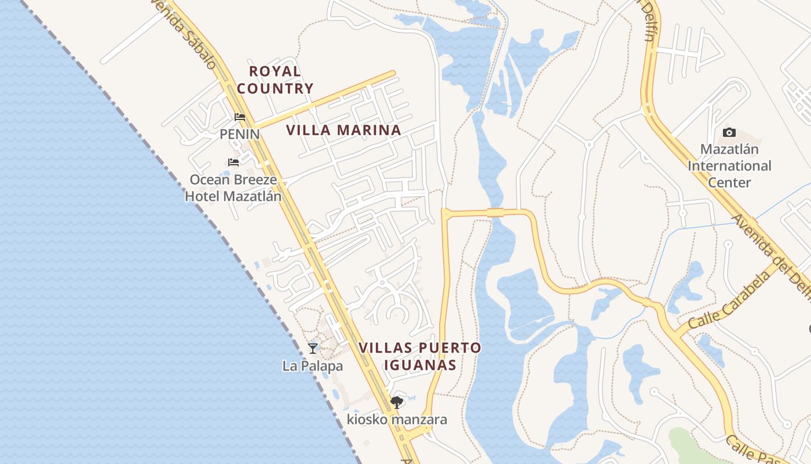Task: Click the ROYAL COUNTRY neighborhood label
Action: (275, 80)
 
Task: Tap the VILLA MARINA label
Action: (344, 130)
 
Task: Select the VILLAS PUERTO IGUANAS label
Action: (419, 356)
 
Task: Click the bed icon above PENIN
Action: (240, 117)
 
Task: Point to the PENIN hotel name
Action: (239, 134)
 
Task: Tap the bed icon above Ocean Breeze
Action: (233, 162)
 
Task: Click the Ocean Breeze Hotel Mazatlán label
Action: (233, 188)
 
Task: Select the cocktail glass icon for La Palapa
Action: (313, 348)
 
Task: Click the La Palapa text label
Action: (313, 366)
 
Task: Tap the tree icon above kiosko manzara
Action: (397, 402)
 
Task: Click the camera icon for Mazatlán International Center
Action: (729, 133)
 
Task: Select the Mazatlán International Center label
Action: (729, 166)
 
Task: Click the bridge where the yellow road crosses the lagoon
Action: (495, 212)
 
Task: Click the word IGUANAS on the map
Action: (419, 365)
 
